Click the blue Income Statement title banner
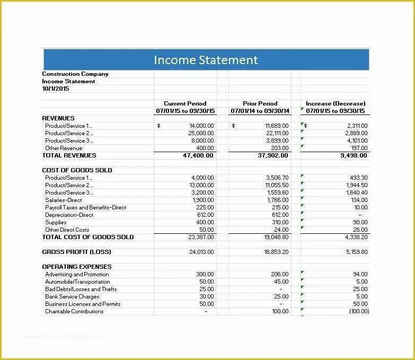click(206, 60)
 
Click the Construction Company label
click(75, 74)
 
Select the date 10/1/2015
click(56, 89)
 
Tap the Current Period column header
click(185, 103)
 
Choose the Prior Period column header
click(260, 103)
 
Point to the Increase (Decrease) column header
click(335, 103)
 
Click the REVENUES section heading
click(58, 118)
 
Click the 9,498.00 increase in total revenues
click(353, 156)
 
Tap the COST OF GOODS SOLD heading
click(77, 170)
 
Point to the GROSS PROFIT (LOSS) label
click(76, 252)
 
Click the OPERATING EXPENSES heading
click(76, 267)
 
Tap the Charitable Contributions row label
click(74, 312)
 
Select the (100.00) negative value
click(359, 312)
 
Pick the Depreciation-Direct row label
click(69, 215)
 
